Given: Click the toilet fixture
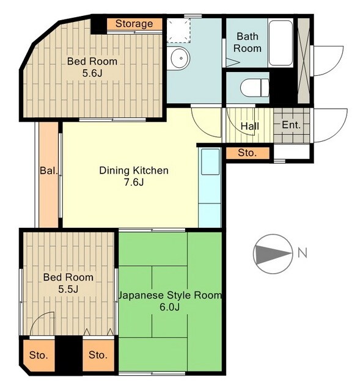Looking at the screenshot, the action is [x=255, y=87].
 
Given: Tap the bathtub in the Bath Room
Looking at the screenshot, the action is [x=281, y=43].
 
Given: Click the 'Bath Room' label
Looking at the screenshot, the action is [x=248, y=42].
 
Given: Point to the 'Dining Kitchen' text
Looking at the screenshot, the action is [x=134, y=170].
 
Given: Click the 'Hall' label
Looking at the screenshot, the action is [x=250, y=126].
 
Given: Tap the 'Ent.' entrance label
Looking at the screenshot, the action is [x=291, y=125].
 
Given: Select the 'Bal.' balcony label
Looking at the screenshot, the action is [x=49, y=171].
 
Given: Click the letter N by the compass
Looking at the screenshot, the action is [x=303, y=254].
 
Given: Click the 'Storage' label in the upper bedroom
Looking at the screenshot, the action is [x=134, y=24].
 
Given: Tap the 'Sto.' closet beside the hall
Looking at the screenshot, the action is [x=248, y=153].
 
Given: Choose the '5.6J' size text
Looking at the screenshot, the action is [x=92, y=73].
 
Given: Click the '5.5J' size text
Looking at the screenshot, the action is [x=68, y=289].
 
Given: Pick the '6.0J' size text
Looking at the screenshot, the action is [x=170, y=307].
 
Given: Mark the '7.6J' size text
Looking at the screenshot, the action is [x=134, y=183].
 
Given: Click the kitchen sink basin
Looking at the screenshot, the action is [x=210, y=161].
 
